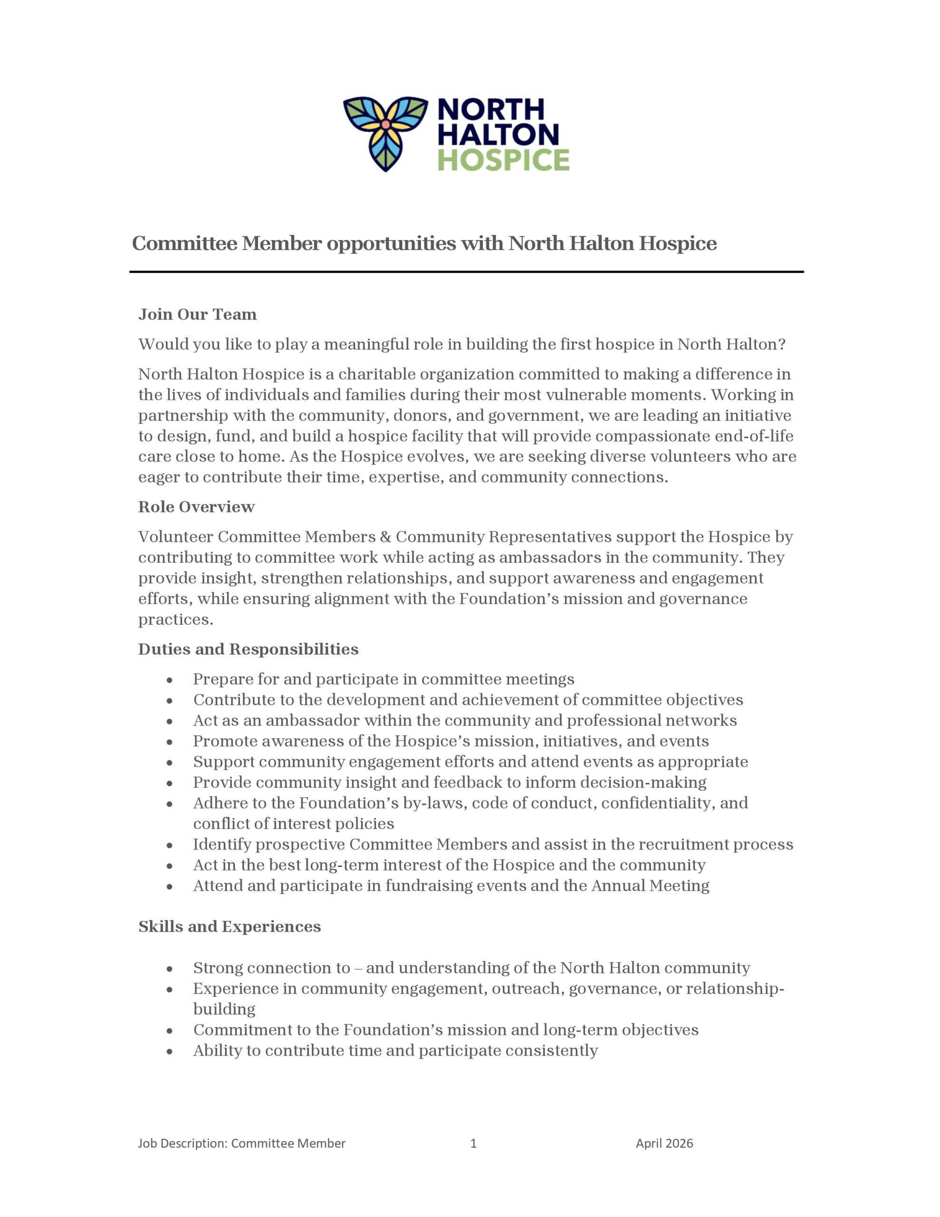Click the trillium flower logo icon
point(385,133)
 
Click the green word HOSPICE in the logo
point(503,160)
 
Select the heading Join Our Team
point(197,315)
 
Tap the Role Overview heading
point(196,507)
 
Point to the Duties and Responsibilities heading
point(248,650)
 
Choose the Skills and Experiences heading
point(230,927)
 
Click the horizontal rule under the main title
point(466,272)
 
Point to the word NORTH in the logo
point(491,110)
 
